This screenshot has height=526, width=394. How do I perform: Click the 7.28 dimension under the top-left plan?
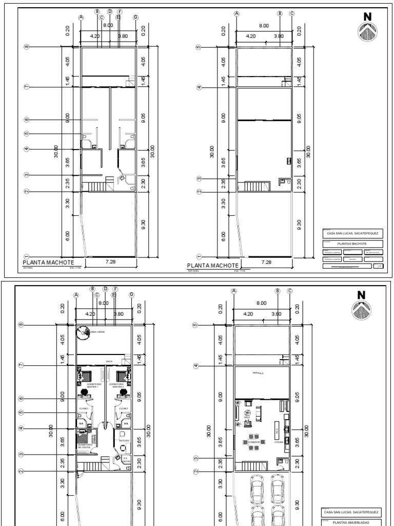109,262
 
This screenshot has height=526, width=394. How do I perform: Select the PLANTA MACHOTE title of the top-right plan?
211,265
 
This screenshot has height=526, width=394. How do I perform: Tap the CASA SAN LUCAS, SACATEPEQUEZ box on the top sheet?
352,233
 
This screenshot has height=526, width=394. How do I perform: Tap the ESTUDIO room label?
124,440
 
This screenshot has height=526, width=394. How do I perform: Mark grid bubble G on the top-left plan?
136,17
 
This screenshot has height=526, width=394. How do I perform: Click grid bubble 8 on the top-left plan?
26,47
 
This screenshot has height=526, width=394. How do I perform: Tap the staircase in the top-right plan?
255,186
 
